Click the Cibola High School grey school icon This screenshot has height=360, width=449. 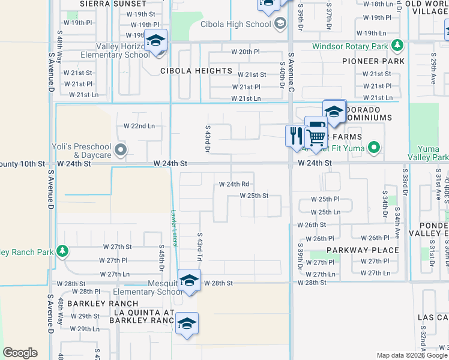(x=279, y=24)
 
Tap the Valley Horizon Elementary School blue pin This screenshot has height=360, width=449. (x=155, y=42)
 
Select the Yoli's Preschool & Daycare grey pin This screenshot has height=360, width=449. (x=121, y=149)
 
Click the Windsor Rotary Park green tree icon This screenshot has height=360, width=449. (x=396, y=46)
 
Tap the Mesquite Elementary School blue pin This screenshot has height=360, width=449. (x=189, y=281)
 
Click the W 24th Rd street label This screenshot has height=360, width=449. (x=234, y=184)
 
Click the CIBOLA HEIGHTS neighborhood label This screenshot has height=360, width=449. (x=196, y=71)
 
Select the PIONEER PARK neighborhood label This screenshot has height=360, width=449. (x=369, y=61)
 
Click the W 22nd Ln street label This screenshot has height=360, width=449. (x=139, y=126)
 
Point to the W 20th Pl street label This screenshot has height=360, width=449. (x=246, y=52)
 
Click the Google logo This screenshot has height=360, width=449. (x=20, y=353)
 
